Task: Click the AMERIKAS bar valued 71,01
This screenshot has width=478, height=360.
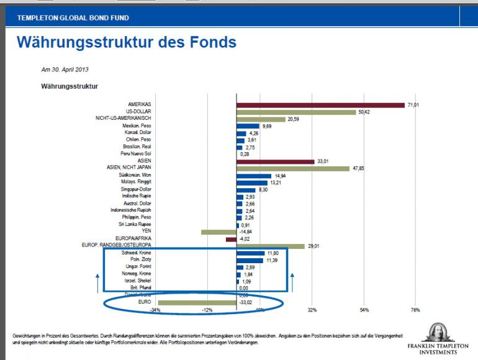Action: point(320,105)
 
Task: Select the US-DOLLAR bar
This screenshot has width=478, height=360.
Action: point(296,112)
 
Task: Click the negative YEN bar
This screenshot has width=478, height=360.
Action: point(219,232)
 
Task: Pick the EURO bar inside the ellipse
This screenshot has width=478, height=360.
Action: point(197,302)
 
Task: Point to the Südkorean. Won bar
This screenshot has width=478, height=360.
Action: point(254,176)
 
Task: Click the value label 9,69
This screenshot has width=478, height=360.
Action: point(268,127)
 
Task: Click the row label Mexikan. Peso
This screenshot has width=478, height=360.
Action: point(137,126)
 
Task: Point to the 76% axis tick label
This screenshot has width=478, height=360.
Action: point(415,310)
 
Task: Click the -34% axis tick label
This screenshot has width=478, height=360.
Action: point(156,310)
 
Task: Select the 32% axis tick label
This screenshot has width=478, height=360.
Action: point(312,310)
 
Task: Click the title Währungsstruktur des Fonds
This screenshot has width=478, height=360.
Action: point(126,42)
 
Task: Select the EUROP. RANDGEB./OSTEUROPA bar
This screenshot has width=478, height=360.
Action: point(271,246)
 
